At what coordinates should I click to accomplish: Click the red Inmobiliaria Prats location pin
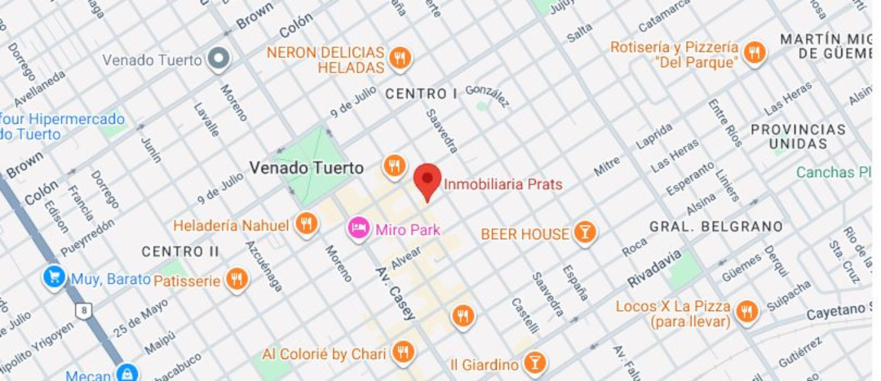coord(427,180)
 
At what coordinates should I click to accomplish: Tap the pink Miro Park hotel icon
coord(357,228)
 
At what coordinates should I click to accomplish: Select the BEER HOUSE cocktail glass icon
coord(584,233)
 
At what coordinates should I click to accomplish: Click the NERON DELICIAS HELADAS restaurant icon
coord(399,58)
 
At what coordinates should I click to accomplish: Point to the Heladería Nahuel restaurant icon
coord(306,224)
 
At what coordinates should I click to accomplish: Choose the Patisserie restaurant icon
coord(237,280)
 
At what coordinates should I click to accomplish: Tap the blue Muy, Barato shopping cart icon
coord(55,277)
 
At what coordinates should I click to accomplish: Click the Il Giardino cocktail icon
coord(534,363)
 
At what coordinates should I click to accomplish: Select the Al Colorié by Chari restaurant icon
coord(401,352)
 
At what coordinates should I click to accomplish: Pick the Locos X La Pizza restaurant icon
coord(746,311)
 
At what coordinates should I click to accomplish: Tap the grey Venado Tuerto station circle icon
coord(218,59)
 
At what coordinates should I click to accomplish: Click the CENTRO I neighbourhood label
coord(421,94)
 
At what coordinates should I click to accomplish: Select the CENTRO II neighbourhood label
coord(171,251)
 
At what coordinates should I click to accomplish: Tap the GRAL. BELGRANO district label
coord(715,226)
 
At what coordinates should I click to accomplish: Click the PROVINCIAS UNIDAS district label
coord(798,136)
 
